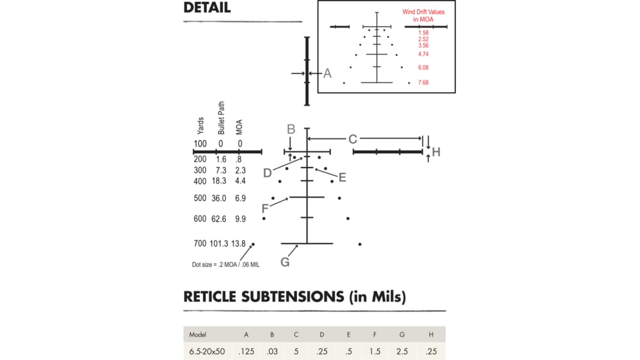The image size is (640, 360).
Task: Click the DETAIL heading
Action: [x=207, y=8]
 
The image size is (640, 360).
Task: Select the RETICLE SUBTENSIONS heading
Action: [x=294, y=297]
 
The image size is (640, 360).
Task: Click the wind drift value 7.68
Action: [x=423, y=83]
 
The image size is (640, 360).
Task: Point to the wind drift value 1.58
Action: [x=423, y=33]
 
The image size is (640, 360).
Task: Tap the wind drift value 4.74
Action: [x=423, y=54]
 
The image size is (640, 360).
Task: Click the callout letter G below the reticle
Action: [x=285, y=262]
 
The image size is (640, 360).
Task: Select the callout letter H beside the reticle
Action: [x=436, y=152]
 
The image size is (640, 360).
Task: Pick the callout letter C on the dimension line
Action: [x=353, y=139]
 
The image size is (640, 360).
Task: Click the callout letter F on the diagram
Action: [x=265, y=209]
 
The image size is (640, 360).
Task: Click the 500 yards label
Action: [x=200, y=198]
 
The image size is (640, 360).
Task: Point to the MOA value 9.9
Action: [x=240, y=219]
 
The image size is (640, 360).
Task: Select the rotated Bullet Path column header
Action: [x=221, y=118]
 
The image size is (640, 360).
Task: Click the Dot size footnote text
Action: [x=225, y=264]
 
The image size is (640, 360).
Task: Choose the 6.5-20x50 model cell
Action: [x=207, y=351]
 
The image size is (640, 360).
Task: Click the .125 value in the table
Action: [x=247, y=351]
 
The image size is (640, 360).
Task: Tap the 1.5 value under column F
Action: [x=375, y=351]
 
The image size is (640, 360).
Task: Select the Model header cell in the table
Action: [x=198, y=334]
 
